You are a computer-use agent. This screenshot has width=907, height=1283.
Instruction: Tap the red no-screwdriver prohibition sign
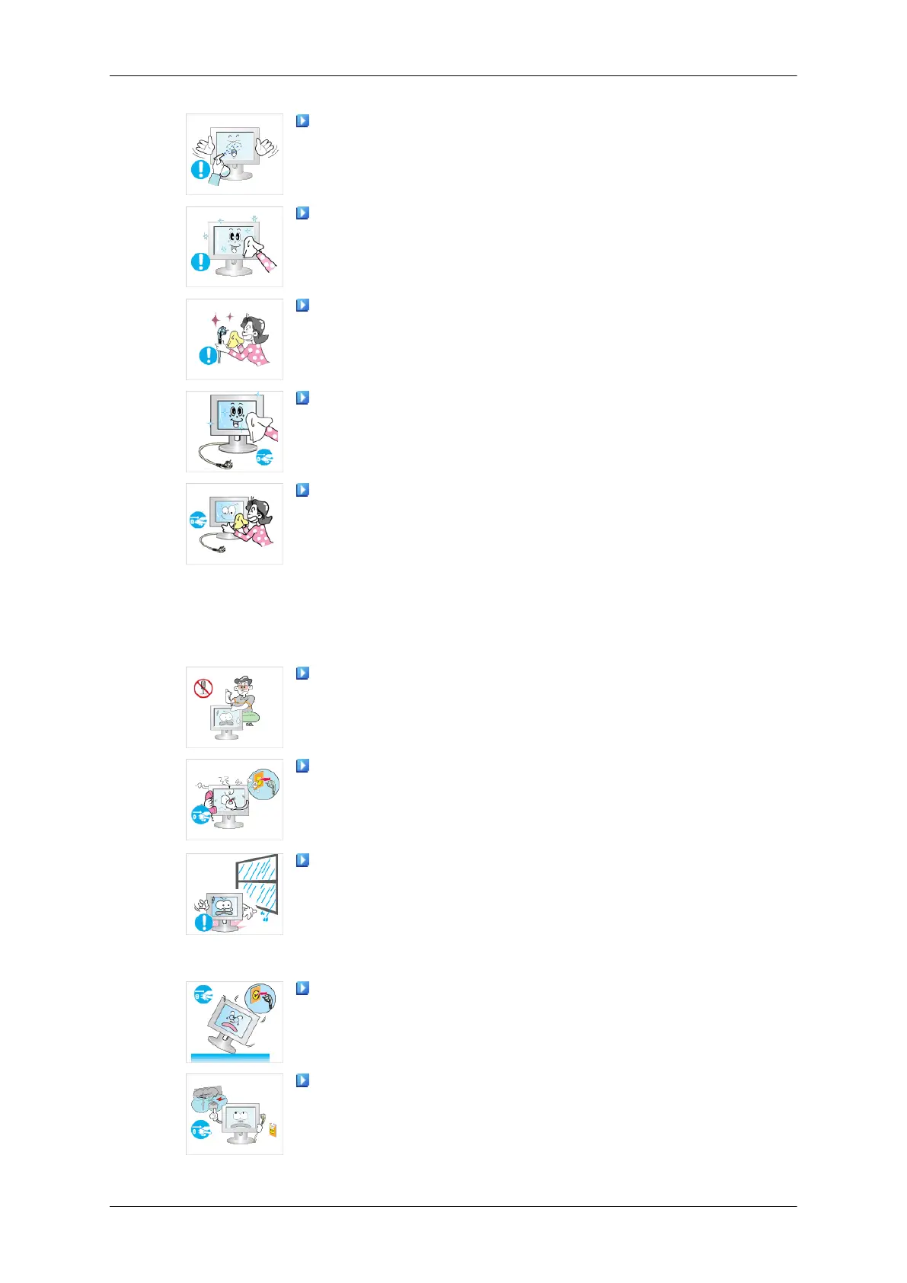pos(203,689)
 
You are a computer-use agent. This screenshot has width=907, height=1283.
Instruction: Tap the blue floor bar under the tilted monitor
pos(229,1057)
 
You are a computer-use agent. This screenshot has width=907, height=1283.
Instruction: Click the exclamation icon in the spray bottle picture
pos(200,169)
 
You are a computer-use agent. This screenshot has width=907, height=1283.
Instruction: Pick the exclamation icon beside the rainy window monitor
pos(203,923)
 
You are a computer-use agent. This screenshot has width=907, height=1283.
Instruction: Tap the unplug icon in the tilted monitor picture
pos(202,993)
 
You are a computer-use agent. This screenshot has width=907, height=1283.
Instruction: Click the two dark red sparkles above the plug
pos(224,319)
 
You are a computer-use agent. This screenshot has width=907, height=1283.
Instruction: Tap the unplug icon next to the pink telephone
pos(200,816)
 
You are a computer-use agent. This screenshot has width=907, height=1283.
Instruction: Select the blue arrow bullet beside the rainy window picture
pos(302,860)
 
